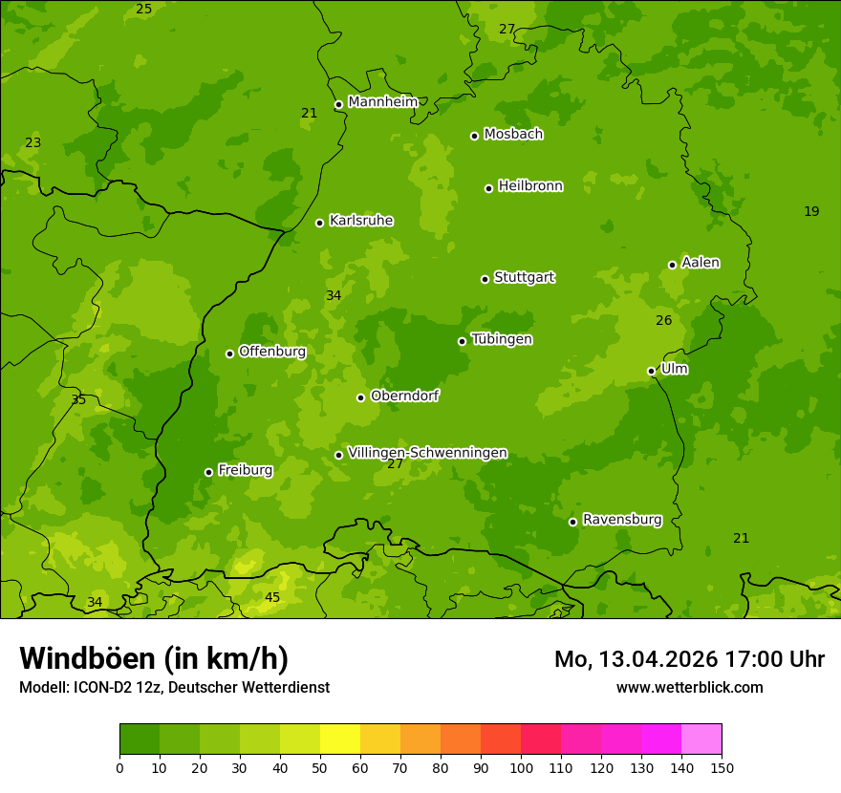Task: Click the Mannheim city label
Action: [x=382, y=102]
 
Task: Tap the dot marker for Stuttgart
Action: [x=485, y=279]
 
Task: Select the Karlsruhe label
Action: [x=360, y=221]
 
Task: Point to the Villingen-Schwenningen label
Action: [x=427, y=453]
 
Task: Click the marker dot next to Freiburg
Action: [x=208, y=472]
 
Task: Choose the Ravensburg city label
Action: [x=621, y=520]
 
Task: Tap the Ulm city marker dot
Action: [x=651, y=371]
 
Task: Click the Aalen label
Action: [x=701, y=263]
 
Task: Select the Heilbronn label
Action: [x=530, y=186]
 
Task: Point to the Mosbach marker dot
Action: [x=474, y=136]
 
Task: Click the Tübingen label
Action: [x=502, y=339]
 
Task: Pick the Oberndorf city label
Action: [x=404, y=396]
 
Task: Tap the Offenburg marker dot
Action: [x=229, y=354]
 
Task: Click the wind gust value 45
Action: [x=272, y=598]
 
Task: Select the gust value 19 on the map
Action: [x=811, y=212]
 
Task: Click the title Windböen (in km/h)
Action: [x=154, y=658]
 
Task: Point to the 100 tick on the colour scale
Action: [x=521, y=767]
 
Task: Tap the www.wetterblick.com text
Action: [x=689, y=687]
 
